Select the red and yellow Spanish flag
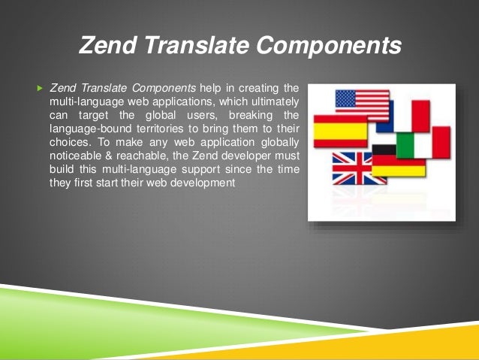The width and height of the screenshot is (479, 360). [x=337, y=132]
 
